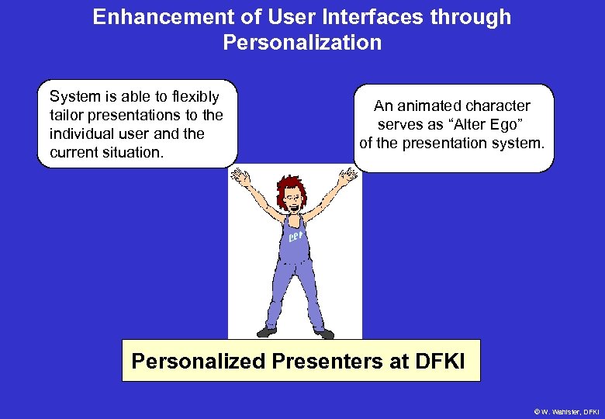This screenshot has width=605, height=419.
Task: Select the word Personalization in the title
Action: (x=302, y=43)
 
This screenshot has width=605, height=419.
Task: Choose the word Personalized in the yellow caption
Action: (x=199, y=362)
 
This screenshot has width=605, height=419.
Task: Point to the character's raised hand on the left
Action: (x=240, y=178)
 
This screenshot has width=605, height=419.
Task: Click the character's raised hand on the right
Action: (x=347, y=176)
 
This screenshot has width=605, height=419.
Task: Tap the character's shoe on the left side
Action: (x=266, y=331)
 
